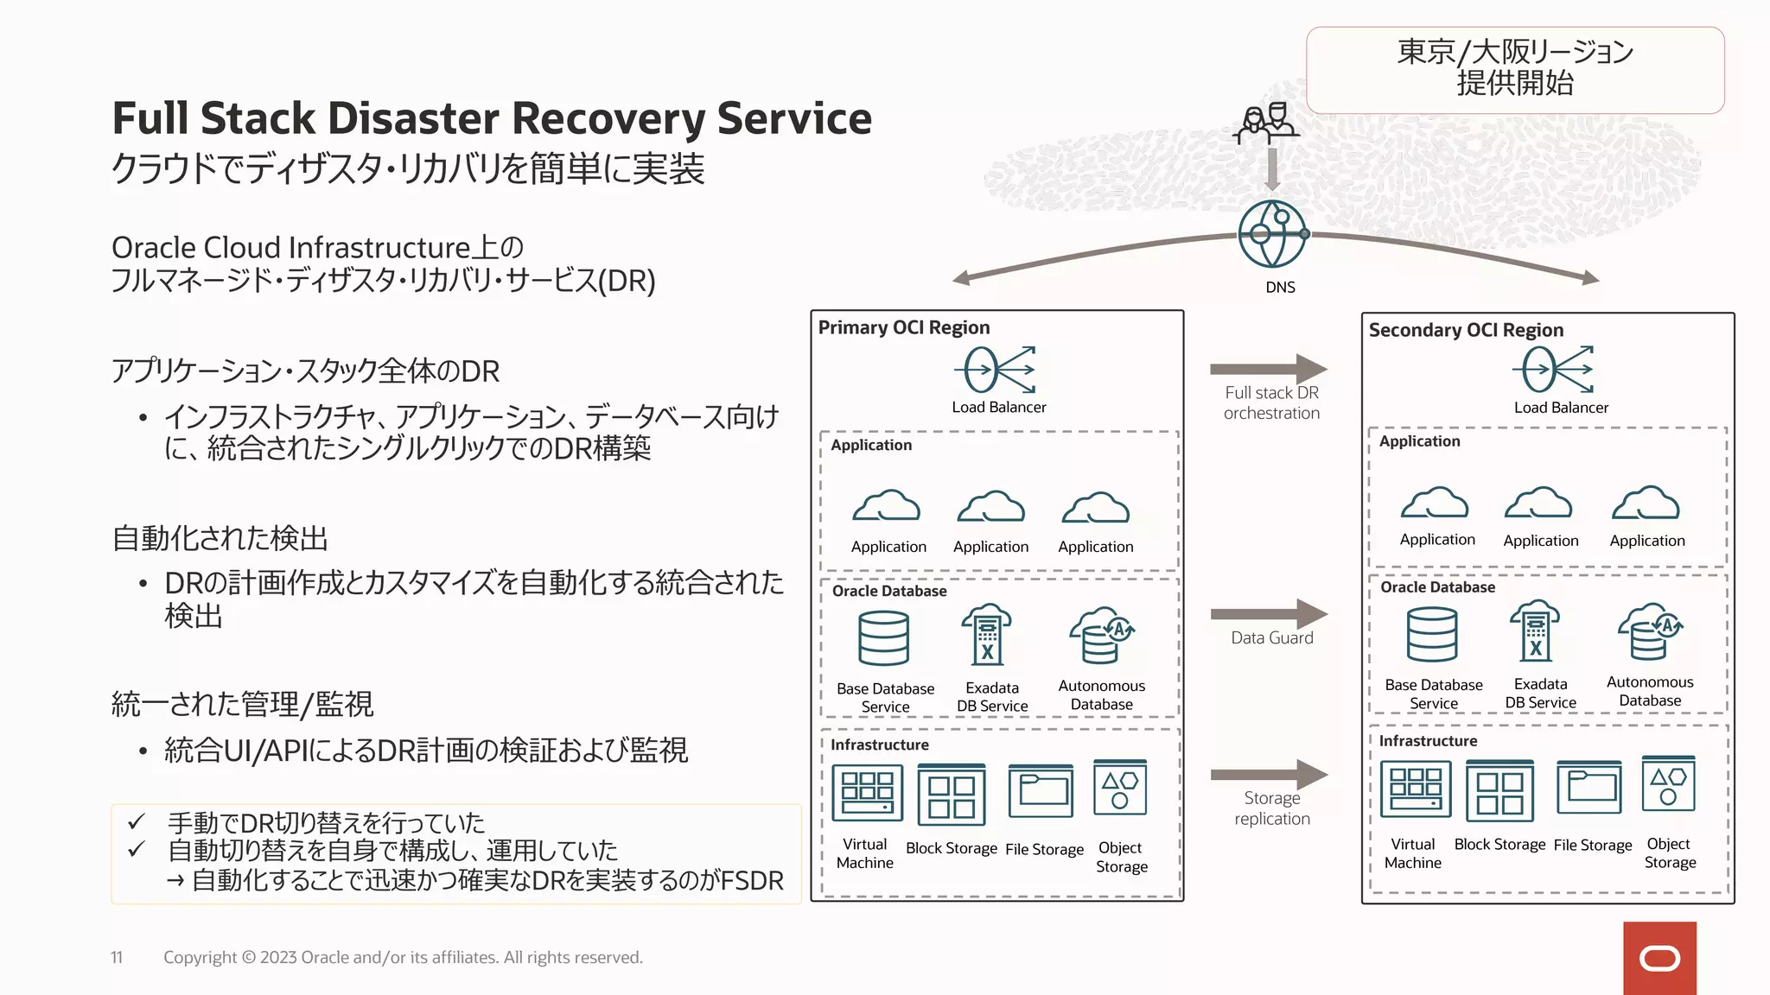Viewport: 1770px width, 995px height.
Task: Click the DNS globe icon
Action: [x=1272, y=235]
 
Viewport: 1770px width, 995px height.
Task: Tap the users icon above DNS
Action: [x=1266, y=124]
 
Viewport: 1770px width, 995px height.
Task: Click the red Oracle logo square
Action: [x=1659, y=958]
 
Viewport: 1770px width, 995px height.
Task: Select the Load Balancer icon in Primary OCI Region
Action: [x=996, y=371]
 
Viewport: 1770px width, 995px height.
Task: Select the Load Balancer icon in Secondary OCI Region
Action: [x=1554, y=370]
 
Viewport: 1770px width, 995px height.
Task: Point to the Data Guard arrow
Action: [x=1269, y=614]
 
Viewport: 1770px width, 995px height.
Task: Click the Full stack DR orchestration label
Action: [x=1271, y=402]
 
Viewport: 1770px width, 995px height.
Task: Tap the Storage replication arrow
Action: [x=1269, y=774]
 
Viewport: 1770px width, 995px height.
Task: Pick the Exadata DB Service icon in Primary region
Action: [x=987, y=635]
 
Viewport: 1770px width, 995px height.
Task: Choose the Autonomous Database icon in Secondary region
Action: [x=1650, y=632]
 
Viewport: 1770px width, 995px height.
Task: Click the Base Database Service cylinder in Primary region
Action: [x=883, y=638]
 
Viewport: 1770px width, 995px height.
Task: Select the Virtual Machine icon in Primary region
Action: [x=867, y=793]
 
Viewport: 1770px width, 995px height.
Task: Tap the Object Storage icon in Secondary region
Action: [x=1668, y=784]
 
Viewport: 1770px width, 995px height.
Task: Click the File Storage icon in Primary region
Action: [x=1041, y=790]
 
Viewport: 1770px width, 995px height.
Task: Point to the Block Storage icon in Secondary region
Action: [x=1499, y=791]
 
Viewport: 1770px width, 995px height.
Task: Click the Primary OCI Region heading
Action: [x=904, y=327]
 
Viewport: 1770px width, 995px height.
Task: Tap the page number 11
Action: [x=117, y=957]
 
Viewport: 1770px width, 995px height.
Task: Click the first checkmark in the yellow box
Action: [x=136, y=821]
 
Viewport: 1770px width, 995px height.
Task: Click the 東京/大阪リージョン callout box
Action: [x=1514, y=69]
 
